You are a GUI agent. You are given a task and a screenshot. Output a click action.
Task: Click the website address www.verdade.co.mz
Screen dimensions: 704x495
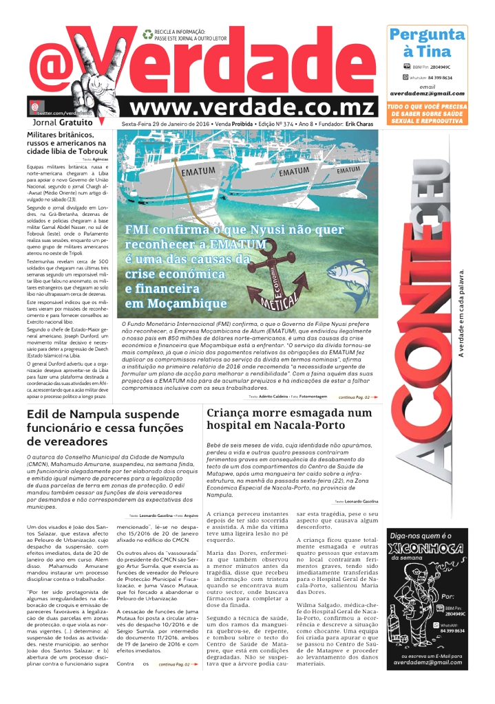point(253,107)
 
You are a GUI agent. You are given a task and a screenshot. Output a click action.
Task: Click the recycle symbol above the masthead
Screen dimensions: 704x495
point(147,34)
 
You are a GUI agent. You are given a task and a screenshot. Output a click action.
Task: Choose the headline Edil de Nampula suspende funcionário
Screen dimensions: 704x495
point(103,427)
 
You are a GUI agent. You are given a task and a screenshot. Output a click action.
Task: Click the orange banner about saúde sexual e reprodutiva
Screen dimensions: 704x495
point(427,114)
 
